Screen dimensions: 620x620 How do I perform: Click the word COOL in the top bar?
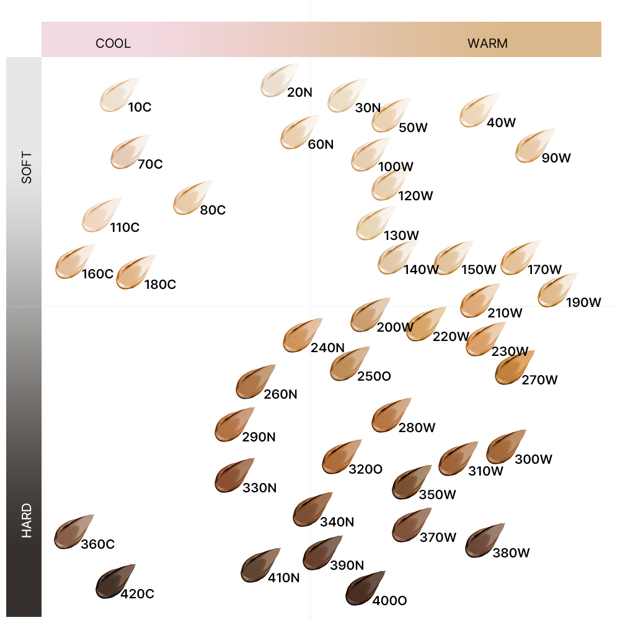113,43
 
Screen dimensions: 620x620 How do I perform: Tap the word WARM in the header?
487,43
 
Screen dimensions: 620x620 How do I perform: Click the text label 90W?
556,158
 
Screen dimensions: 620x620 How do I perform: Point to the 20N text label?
299,93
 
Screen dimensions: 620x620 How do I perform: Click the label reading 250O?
374,376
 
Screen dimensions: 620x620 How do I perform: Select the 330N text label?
259,488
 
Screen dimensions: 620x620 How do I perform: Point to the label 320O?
365,469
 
